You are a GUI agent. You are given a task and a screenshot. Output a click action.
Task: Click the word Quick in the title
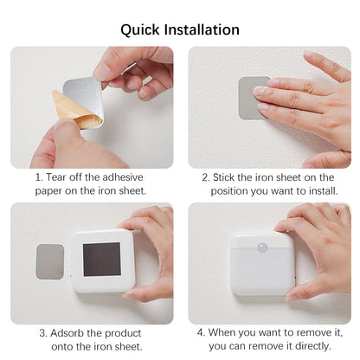coord(141,29)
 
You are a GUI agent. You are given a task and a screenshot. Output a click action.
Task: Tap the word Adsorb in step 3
coord(68,333)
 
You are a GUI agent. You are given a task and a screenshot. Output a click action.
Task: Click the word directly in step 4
coord(310,347)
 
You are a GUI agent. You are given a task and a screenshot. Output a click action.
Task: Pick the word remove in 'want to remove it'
coord(292,333)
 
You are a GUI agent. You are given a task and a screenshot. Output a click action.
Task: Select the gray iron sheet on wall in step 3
coord(49,260)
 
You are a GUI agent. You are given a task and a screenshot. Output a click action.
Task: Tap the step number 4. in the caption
coord(202,333)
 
